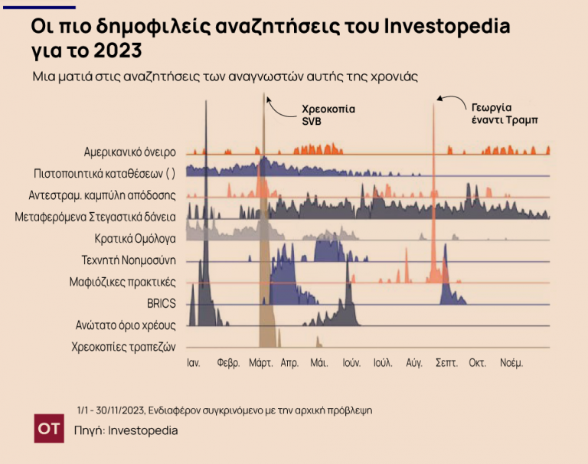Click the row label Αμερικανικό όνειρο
coord(130,152)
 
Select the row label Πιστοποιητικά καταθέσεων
coord(105,173)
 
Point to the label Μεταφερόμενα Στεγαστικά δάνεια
coord(96,217)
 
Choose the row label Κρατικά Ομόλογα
coord(136,238)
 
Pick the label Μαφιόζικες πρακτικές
coord(122,281)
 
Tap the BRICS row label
coord(162,303)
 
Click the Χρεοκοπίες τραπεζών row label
coord(124,346)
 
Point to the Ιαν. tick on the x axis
coord(193,363)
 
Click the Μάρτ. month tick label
coord(261,363)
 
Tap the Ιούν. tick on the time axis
coord(351,363)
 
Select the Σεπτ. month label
coord(446,363)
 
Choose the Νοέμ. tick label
coord(511,363)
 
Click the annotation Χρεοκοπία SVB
coord(328,115)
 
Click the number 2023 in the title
coord(119,51)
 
